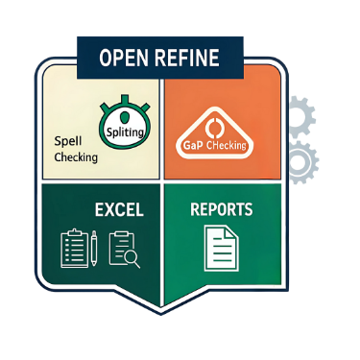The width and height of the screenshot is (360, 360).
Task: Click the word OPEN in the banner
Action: click(128, 58)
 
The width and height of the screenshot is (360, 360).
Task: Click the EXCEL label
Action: click(118, 208)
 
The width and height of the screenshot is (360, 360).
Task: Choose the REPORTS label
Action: click(222, 208)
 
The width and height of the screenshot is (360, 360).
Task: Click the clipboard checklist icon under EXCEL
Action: click(74, 248)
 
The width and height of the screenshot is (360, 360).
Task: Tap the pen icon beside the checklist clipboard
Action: click(95, 248)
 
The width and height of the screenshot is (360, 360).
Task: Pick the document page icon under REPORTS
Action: click(222, 247)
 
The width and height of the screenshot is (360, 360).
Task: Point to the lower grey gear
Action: click(301, 163)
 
